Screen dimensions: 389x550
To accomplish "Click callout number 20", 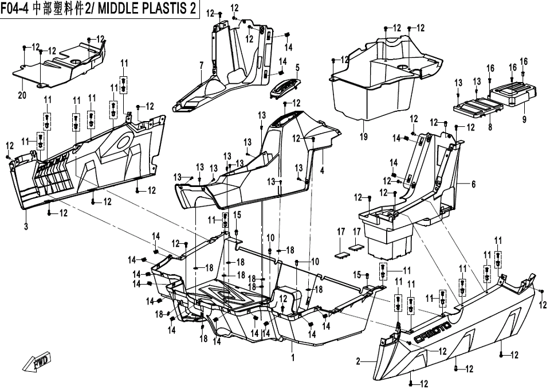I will (22, 95).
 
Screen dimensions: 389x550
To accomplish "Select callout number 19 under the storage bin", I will (363, 137).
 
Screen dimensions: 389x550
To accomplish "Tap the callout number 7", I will (202, 66).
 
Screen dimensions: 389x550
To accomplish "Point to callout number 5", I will (297, 68).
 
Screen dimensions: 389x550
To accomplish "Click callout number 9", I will (524, 119).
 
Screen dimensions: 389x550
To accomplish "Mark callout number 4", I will (322, 170).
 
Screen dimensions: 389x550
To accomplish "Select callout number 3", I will (26, 227).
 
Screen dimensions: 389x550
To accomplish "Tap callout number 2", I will (358, 361).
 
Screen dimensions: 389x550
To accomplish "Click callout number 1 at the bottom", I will (293, 357).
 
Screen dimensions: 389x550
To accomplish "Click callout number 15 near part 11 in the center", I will (237, 215).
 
